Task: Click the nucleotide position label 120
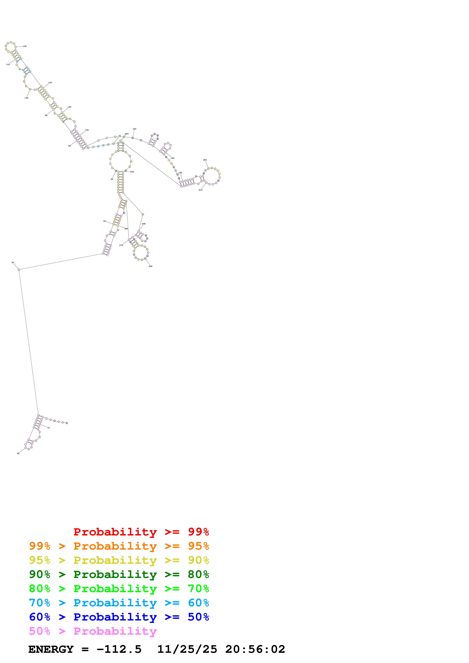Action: (x=25, y=46)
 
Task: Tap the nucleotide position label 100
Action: (x=26, y=98)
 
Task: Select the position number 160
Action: (x=134, y=129)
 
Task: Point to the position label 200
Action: (x=205, y=160)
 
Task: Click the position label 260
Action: (x=151, y=266)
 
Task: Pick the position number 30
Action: (x=13, y=263)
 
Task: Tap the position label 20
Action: (x=18, y=453)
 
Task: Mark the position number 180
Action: (x=173, y=158)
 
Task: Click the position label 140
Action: (x=69, y=107)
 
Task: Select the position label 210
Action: (x=200, y=190)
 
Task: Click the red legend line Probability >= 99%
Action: (x=141, y=532)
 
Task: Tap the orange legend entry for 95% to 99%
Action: (x=119, y=546)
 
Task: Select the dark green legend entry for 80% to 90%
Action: (x=119, y=574)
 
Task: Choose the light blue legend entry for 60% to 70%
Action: (x=119, y=603)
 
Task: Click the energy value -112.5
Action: (x=119, y=649)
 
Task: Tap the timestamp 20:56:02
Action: (x=255, y=649)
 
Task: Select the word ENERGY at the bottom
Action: (x=51, y=649)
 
